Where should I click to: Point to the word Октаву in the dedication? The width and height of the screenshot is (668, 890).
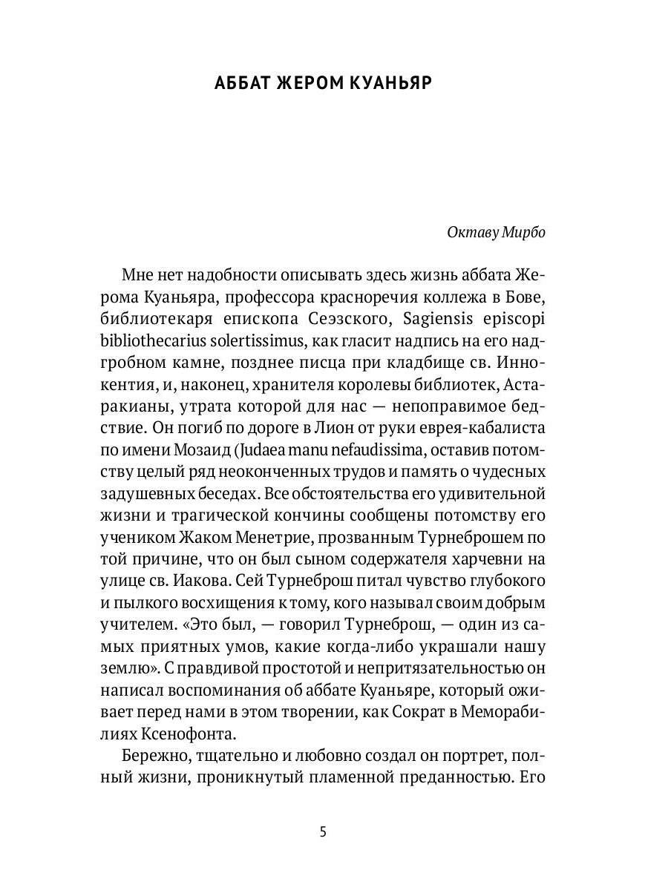[472, 232]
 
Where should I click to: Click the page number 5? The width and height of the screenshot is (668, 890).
[323, 831]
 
